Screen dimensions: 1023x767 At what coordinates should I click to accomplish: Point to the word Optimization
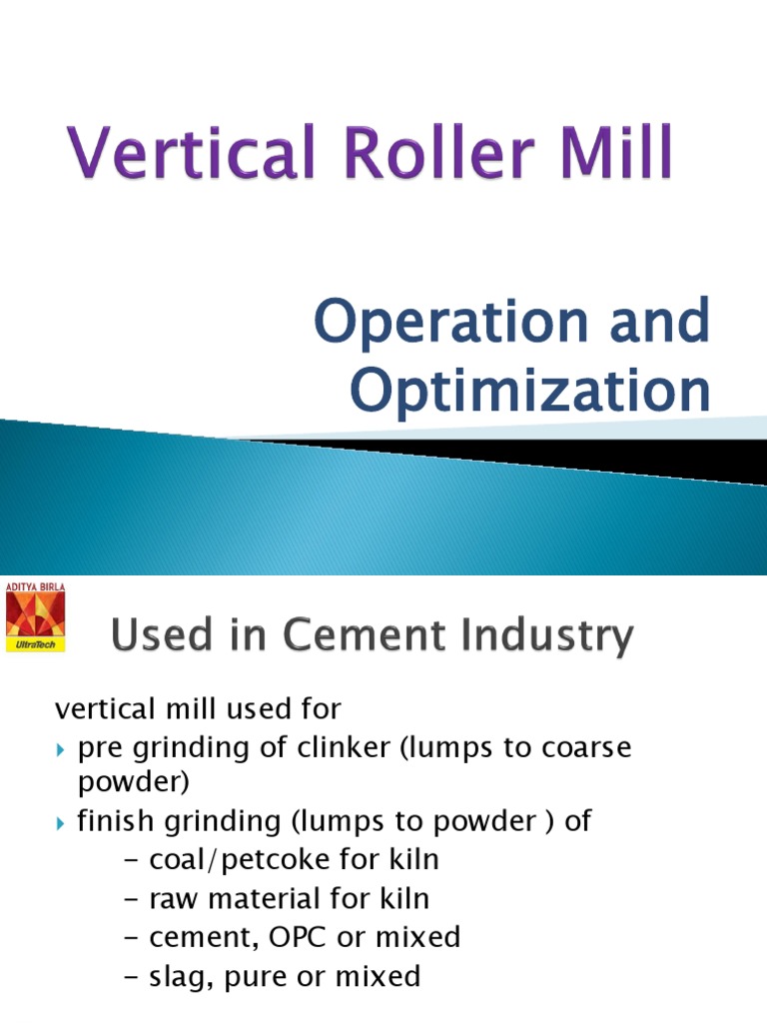(x=532, y=392)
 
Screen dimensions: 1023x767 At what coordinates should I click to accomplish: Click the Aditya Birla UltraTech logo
(x=35, y=619)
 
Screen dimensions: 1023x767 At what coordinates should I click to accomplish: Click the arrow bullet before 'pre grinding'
(x=61, y=748)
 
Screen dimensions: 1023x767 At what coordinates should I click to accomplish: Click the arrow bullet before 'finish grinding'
(x=61, y=822)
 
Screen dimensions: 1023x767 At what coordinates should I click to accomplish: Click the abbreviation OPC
(x=293, y=936)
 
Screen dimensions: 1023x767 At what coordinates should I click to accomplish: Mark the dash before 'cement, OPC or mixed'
(x=132, y=937)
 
